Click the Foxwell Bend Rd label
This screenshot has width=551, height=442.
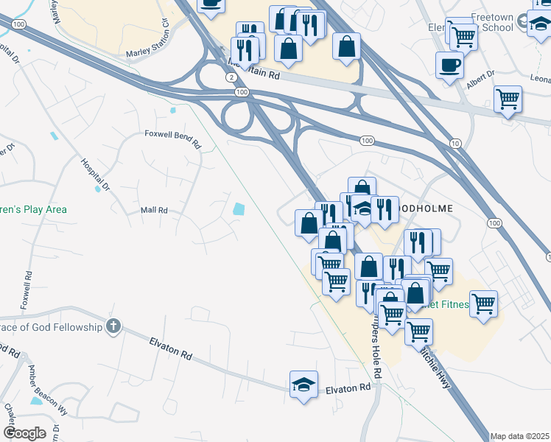coord(172,135)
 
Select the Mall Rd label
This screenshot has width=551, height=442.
coord(155,211)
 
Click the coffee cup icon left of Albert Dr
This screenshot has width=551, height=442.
coord(449,65)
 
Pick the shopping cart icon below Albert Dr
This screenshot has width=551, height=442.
coord(508,98)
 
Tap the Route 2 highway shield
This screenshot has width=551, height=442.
coord(231,77)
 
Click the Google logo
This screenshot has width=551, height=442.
coord(24,433)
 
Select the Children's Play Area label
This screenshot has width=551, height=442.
coord(33,210)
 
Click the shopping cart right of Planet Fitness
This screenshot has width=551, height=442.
coord(483,303)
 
